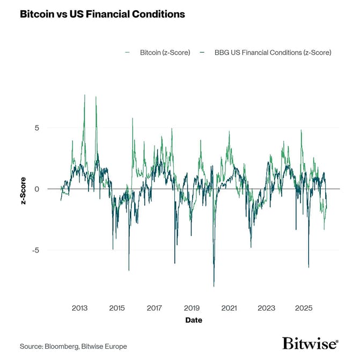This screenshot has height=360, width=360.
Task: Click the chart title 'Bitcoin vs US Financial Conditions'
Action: (x=102, y=14)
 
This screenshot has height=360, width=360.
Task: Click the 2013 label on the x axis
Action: (x=79, y=308)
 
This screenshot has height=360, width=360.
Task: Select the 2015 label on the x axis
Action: (x=117, y=308)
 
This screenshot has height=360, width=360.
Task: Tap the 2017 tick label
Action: (x=154, y=308)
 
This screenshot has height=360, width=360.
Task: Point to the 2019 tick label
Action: (x=192, y=308)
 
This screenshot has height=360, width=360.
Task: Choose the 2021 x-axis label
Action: (x=229, y=308)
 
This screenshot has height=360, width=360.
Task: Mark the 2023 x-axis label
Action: (x=267, y=308)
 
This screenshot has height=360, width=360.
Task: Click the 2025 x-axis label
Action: (x=304, y=308)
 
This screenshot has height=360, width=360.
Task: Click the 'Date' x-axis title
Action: (x=194, y=320)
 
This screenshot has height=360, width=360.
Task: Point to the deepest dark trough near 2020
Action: (x=214, y=286)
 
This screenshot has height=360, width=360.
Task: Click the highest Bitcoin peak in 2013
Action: (x=85, y=95)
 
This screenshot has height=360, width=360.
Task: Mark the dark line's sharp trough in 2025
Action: (x=308, y=267)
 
